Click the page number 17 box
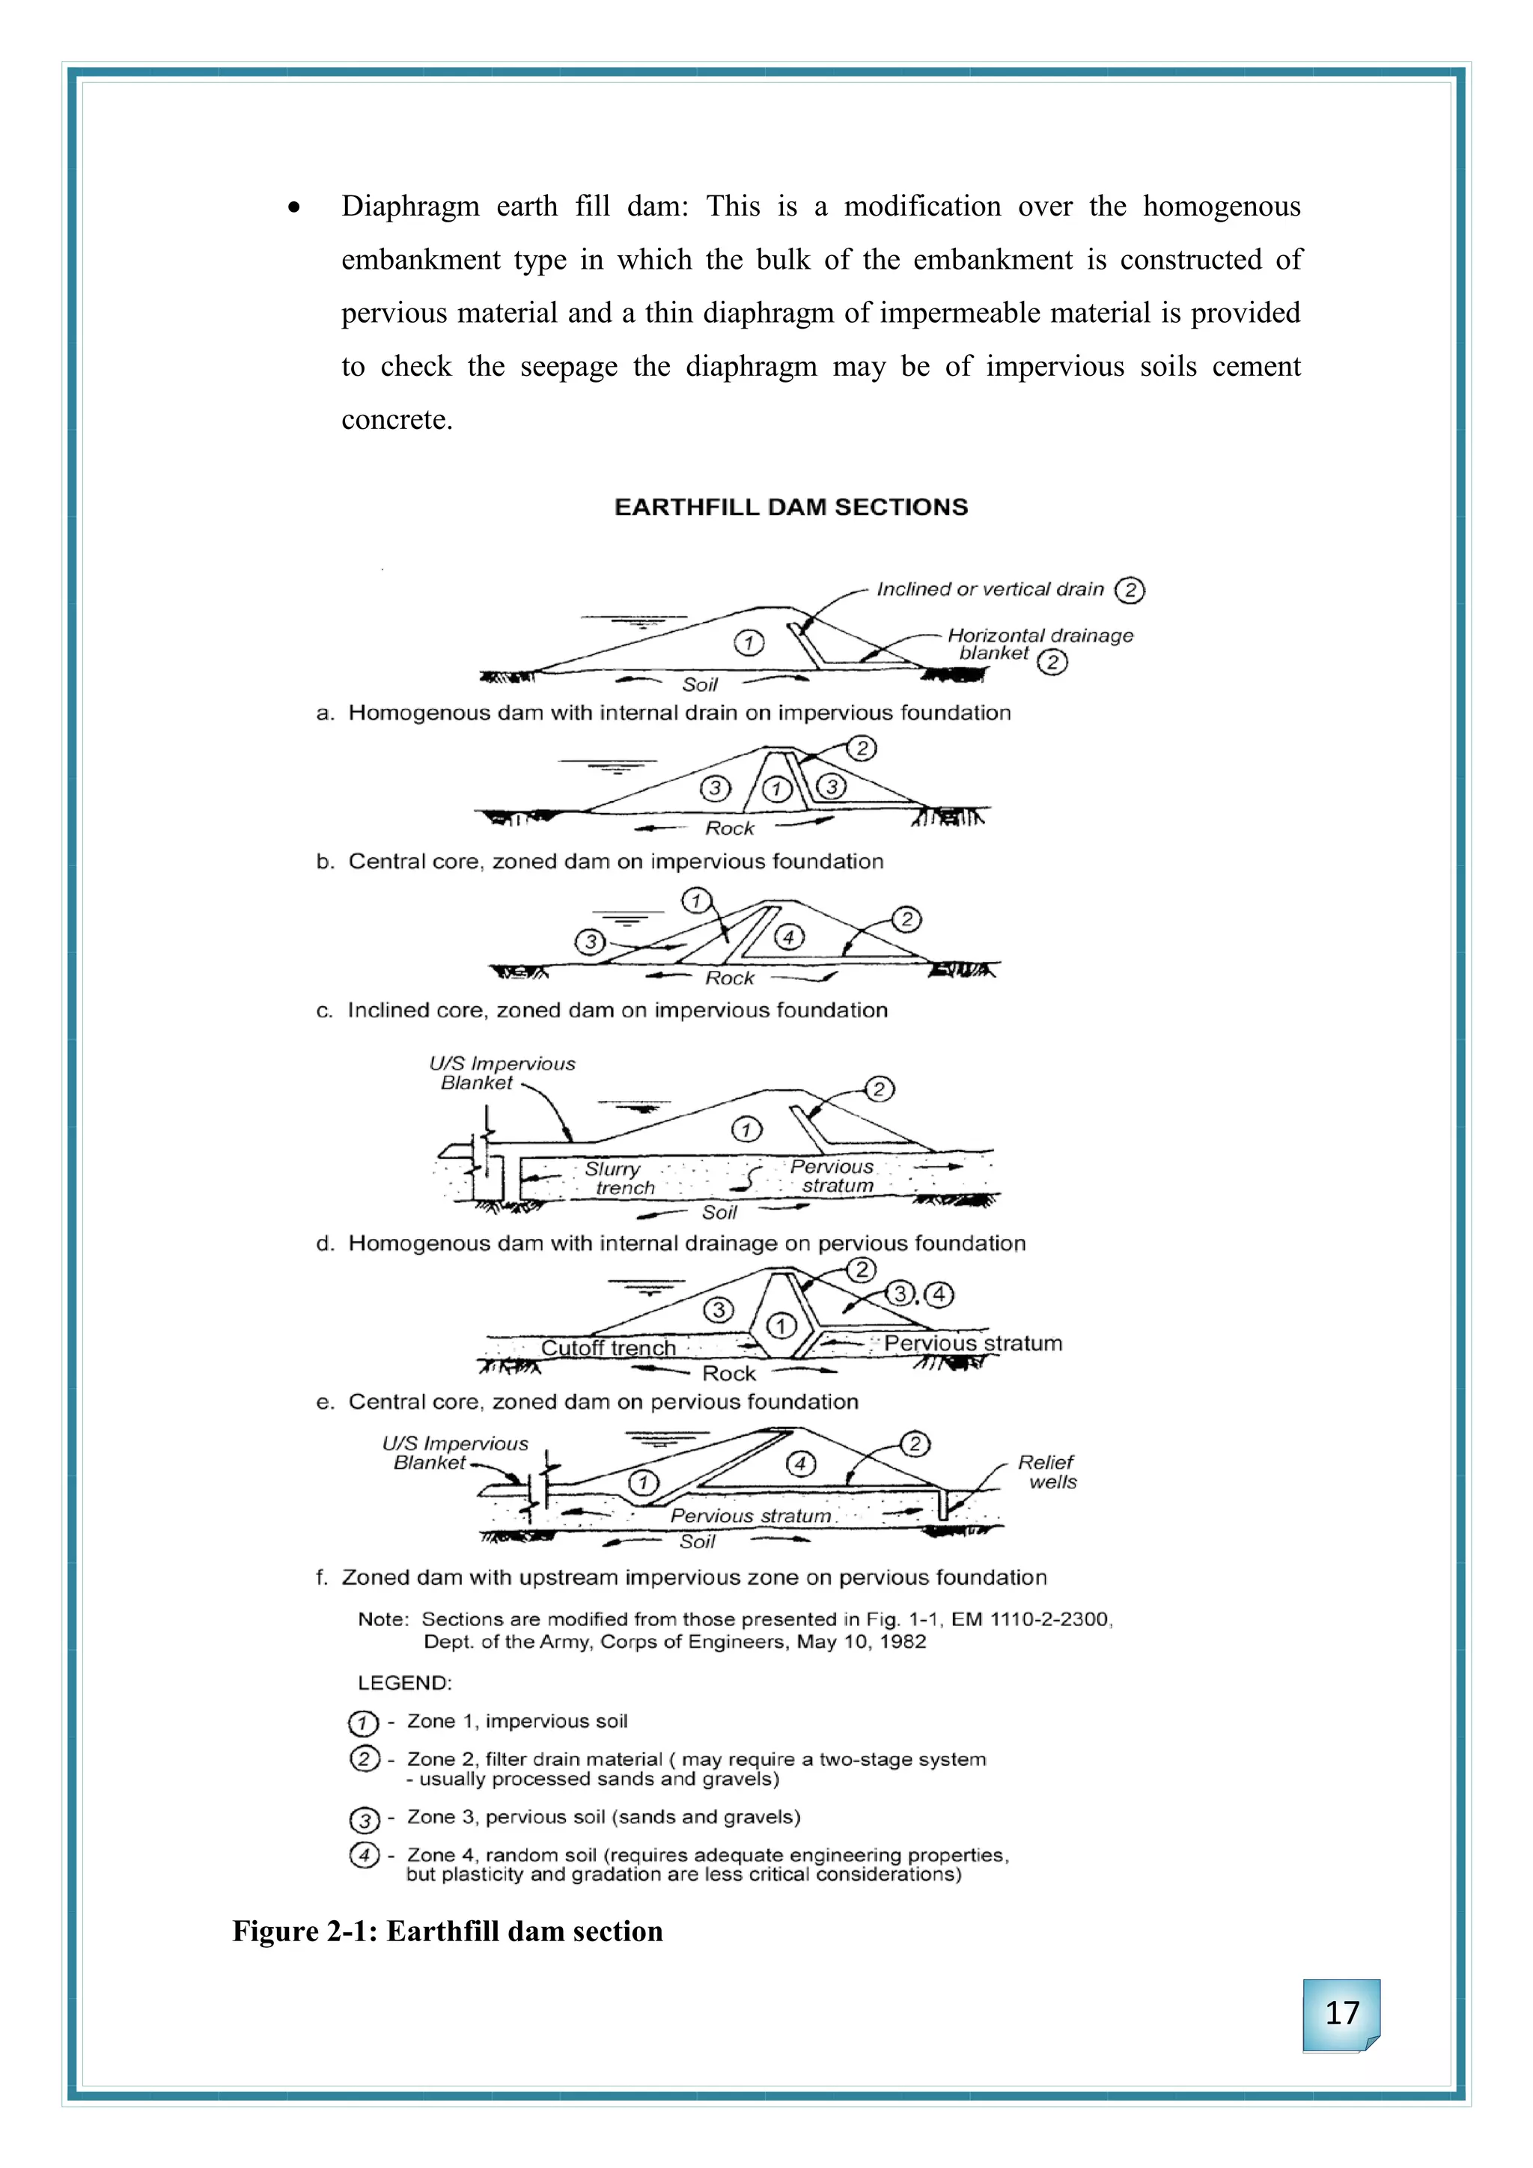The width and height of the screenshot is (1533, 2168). (x=1341, y=2014)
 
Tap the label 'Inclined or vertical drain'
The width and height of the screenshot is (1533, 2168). (x=990, y=589)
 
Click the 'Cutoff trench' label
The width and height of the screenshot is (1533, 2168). (x=608, y=1348)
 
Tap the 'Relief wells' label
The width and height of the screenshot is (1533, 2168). (x=1048, y=1471)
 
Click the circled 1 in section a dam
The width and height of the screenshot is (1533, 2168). (x=749, y=643)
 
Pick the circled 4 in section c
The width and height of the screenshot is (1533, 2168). (x=789, y=937)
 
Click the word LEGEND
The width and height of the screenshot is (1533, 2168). (x=404, y=1683)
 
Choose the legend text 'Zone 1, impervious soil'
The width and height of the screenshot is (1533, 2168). (x=517, y=1721)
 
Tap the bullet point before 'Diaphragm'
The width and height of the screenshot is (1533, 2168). (x=296, y=207)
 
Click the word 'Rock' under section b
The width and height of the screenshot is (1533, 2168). (x=730, y=828)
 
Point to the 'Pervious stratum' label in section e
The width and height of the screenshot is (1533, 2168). (x=972, y=1343)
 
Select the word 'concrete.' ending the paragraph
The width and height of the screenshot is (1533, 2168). (x=397, y=419)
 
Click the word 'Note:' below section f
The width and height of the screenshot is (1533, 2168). (x=383, y=1619)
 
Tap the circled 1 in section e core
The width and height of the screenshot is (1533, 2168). (x=780, y=1326)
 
